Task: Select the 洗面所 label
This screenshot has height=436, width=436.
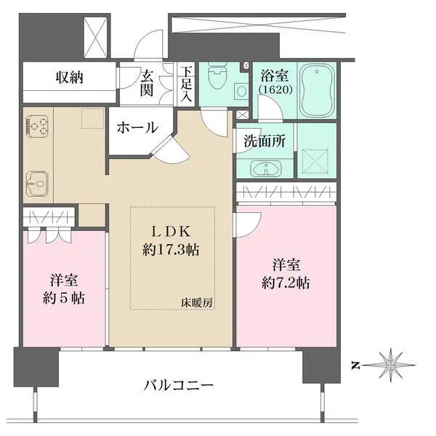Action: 263,142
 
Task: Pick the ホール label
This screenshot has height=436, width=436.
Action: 137,128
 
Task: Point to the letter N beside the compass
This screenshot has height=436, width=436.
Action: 354,365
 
